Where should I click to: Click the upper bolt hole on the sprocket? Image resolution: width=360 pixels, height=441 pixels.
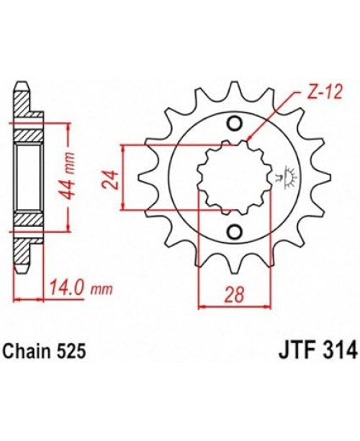coord(235,123)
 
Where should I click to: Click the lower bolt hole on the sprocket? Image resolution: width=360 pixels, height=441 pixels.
coord(235,232)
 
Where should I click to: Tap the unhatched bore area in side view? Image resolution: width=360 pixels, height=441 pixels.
coord(29,177)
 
